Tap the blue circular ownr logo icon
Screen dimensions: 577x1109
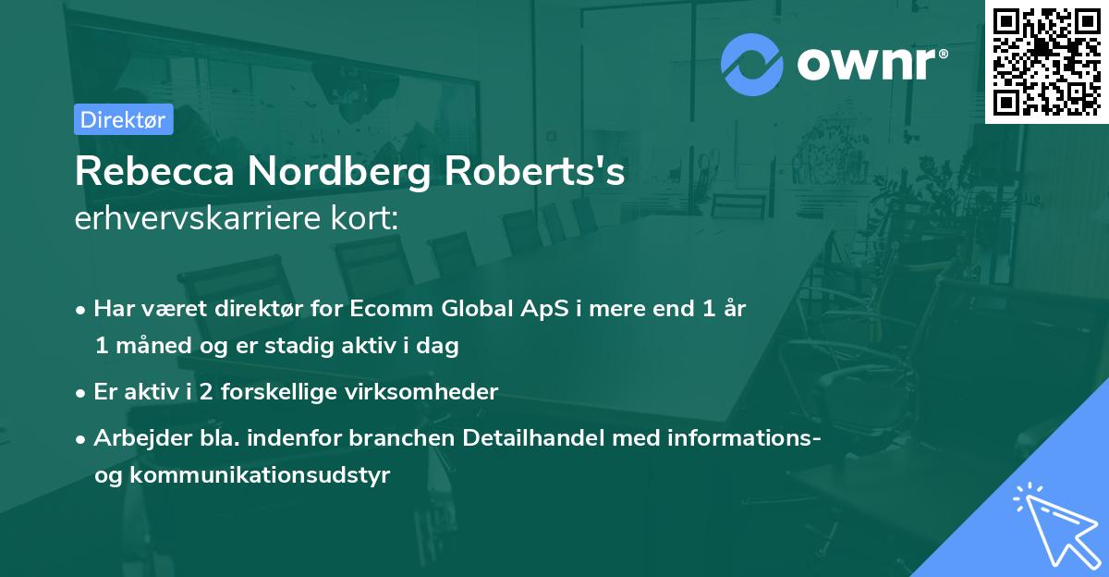[x=751, y=65]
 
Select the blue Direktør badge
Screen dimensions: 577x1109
[x=124, y=119]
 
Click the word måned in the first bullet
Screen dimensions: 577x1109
[x=150, y=347]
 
